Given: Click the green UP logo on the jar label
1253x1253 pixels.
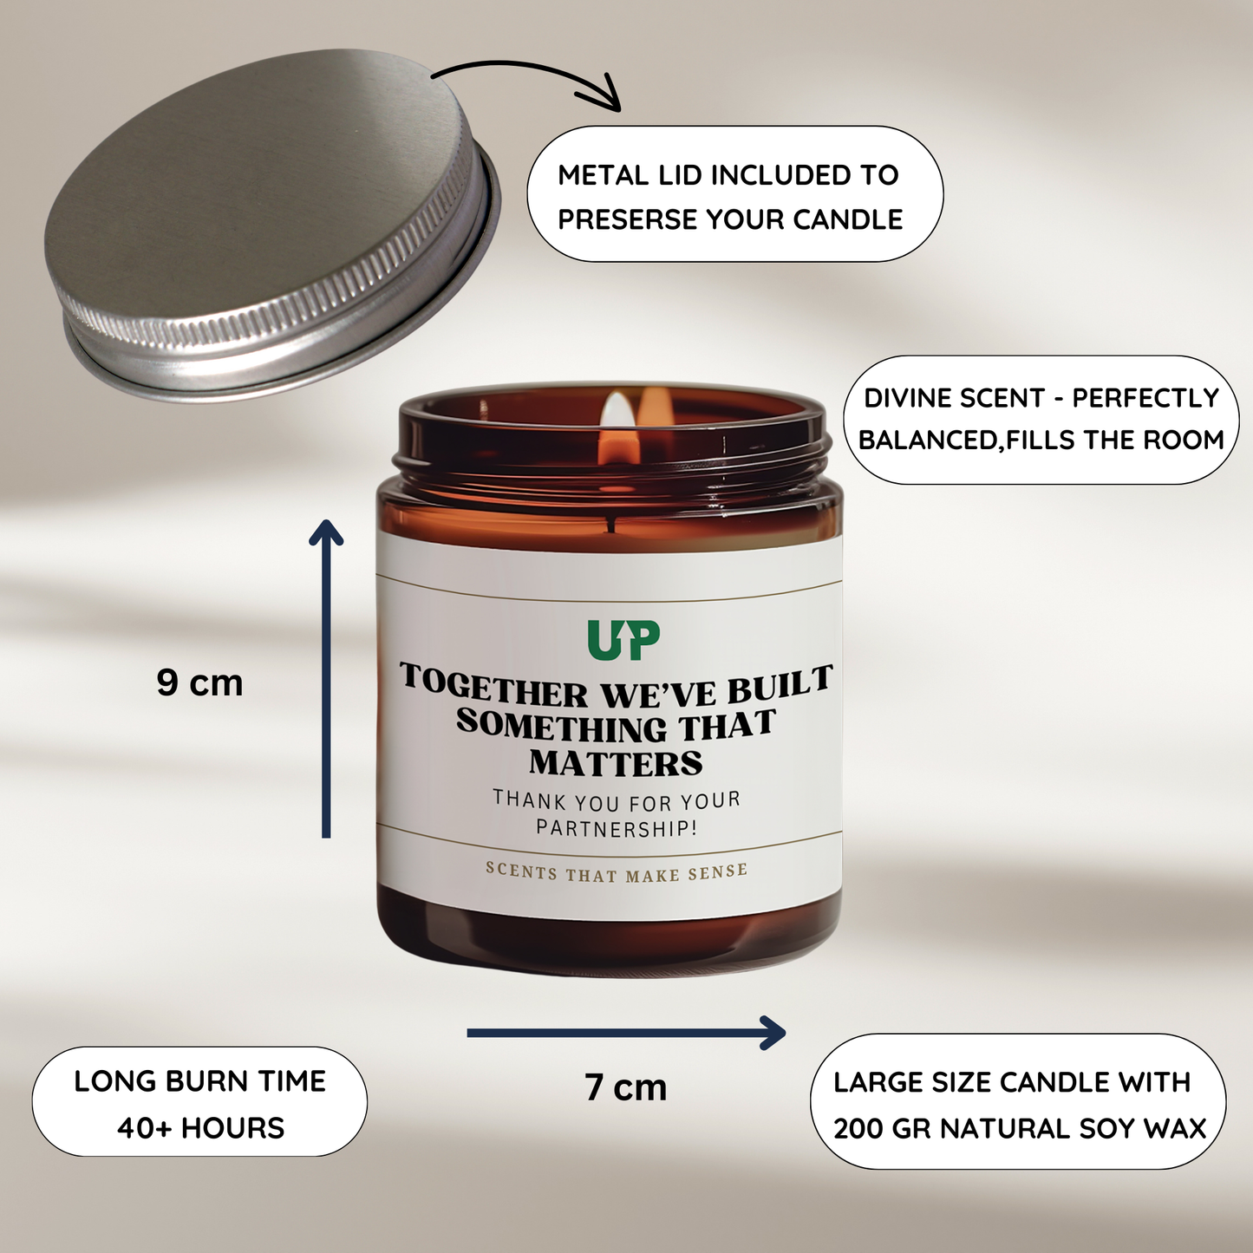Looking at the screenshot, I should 623,640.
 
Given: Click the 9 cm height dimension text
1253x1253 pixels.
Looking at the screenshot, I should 199,682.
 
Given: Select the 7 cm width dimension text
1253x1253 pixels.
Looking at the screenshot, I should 625,1087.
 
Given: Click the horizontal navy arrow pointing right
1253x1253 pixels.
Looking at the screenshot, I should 625,1032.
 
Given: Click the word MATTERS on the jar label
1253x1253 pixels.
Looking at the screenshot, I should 616,763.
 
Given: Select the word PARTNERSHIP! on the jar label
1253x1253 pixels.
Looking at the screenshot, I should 616,828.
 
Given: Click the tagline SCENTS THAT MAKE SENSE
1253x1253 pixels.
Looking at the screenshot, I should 616,871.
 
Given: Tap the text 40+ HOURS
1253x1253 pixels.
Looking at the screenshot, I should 200,1128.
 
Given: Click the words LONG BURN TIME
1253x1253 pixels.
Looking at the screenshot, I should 200,1081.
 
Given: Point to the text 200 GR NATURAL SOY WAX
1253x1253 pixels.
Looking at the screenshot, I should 1020,1128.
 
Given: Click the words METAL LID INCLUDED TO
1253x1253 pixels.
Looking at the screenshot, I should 728,175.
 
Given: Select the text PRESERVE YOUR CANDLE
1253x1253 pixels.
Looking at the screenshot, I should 730,219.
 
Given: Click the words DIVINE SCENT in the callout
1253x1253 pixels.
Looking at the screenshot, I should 954,398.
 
